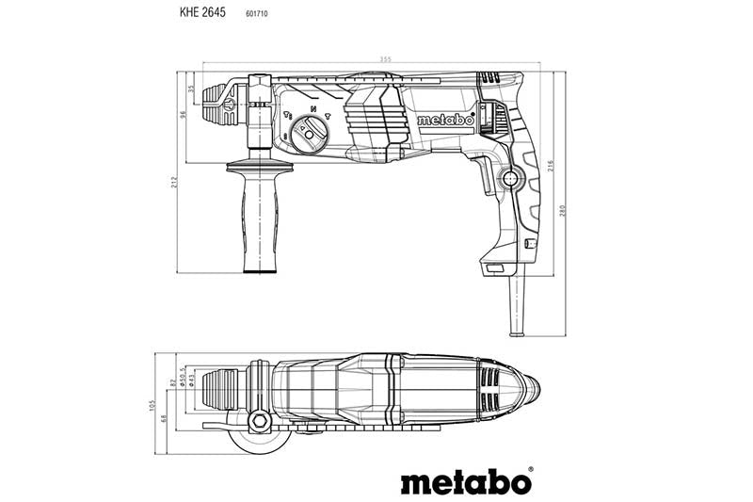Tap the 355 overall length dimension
pos(385,61)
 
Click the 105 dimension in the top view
pos(151,404)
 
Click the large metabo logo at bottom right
pos(466,481)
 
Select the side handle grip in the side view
pos(259,221)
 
